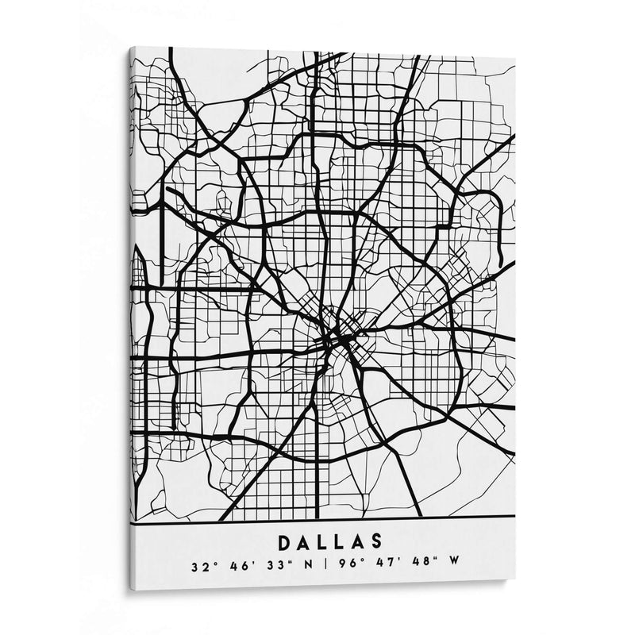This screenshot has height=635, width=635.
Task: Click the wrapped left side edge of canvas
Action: coord(132,317)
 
